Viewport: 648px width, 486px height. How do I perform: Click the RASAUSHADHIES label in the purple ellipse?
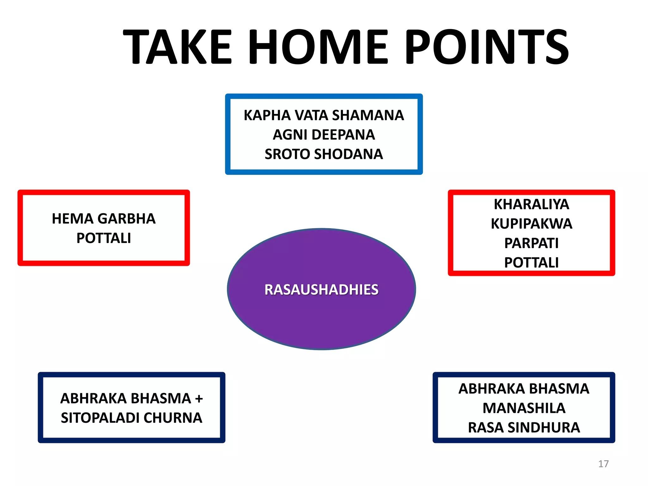[321, 290]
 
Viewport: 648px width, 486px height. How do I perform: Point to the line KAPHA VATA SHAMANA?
[324, 115]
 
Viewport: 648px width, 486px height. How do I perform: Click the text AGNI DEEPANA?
[324, 135]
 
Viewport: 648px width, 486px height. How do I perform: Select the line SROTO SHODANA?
[324, 154]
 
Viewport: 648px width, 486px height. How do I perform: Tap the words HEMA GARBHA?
[103, 219]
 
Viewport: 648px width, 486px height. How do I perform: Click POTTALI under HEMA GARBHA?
[103, 238]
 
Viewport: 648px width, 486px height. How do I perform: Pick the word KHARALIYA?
[531, 204]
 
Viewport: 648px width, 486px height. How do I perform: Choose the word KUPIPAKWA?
[531, 224]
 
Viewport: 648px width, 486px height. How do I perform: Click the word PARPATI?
[531, 243]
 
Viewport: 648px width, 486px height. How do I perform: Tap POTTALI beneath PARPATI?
[531, 263]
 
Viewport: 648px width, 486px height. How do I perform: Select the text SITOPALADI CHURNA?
[131, 418]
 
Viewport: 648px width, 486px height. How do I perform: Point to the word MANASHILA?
[524, 408]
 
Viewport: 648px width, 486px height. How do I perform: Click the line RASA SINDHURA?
[524, 428]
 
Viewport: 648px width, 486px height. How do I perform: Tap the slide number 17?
[603, 464]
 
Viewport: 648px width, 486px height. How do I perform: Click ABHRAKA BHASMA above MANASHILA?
[524, 389]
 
